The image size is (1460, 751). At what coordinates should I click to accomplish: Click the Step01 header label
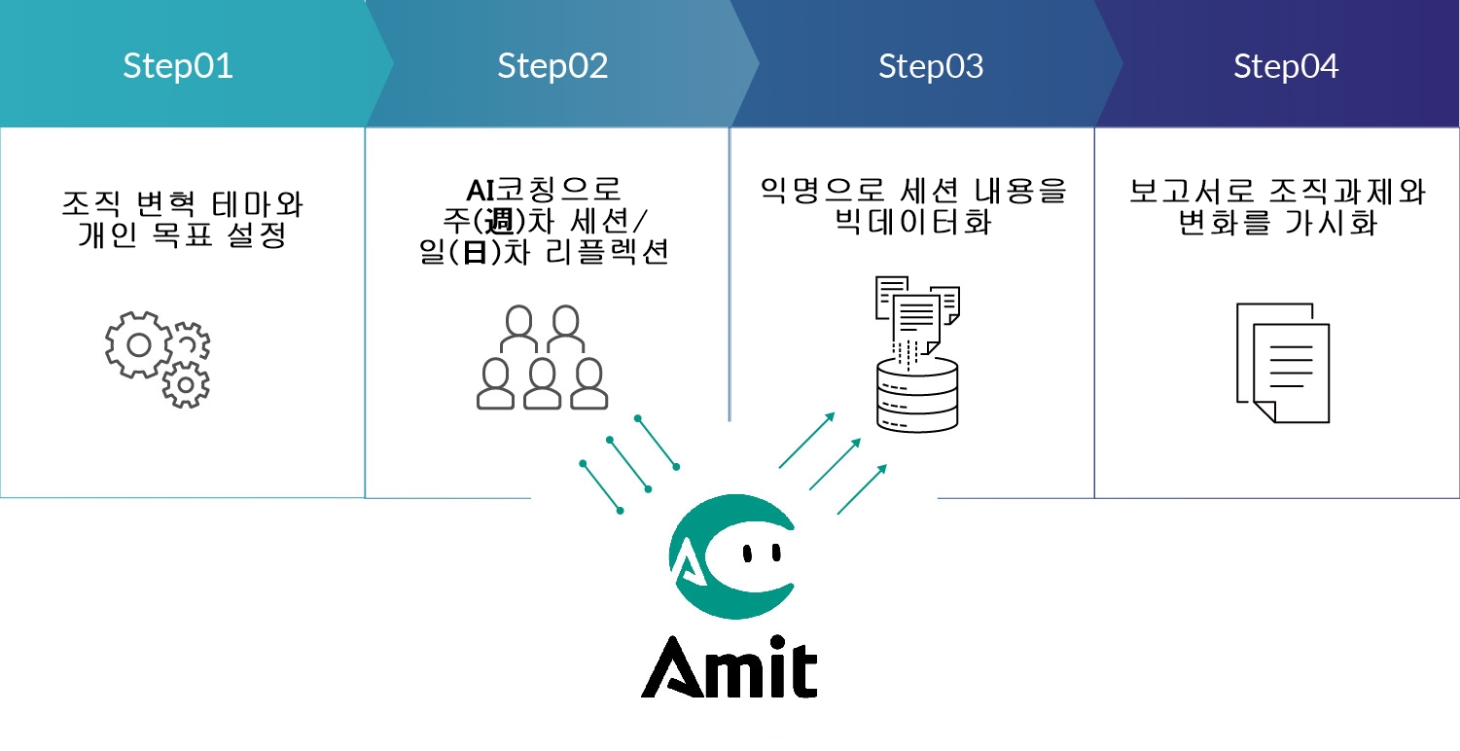(178, 66)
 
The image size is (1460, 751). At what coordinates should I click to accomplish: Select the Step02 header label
(552, 66)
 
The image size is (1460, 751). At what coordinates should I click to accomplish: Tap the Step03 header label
(931, 66)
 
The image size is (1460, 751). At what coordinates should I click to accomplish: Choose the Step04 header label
(1286, 66)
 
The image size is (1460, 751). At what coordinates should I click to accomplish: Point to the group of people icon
(541, 357)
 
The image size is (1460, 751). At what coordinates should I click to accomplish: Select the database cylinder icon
(916, 394)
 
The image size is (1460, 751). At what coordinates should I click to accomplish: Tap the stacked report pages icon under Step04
(1282, 362)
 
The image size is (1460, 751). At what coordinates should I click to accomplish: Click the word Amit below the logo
(729, 668)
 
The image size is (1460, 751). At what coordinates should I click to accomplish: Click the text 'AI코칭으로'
(544, 189)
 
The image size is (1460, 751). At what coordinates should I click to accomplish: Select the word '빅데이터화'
(913, 221)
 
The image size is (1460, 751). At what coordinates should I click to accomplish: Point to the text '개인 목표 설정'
(182, 235)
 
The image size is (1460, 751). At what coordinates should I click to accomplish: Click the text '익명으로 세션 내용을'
(913, 191)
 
